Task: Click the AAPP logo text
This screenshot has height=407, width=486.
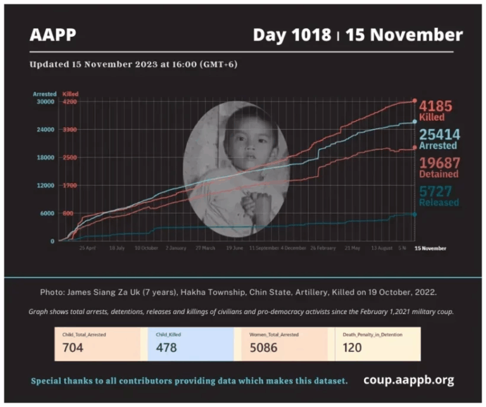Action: [x=53, y=34]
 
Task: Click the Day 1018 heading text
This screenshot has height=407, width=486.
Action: [x=292, y=34]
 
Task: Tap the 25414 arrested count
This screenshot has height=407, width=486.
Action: [x=439, y=134]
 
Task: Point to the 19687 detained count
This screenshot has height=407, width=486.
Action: [x=439, y=163]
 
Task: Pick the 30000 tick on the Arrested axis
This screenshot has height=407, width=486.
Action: [x=45, y=101]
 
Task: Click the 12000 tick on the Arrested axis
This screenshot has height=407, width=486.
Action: [x=45, y=185]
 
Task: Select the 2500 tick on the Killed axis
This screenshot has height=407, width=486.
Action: [x=70, y=158]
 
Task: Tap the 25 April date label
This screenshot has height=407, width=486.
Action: [x=87, y=248]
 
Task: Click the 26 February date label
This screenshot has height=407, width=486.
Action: [x=322, y=248]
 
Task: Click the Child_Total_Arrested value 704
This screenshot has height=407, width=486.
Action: [x=73, y=348]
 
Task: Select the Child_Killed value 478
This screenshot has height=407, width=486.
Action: [x=166, y=348]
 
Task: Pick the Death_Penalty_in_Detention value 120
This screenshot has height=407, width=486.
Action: [x=352, y=348]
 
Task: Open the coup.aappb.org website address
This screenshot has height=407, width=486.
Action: [x=408, y=380]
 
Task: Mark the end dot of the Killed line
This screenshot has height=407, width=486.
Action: [x=414, y=101]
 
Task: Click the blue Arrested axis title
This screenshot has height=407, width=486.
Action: [x=44, y=94]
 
